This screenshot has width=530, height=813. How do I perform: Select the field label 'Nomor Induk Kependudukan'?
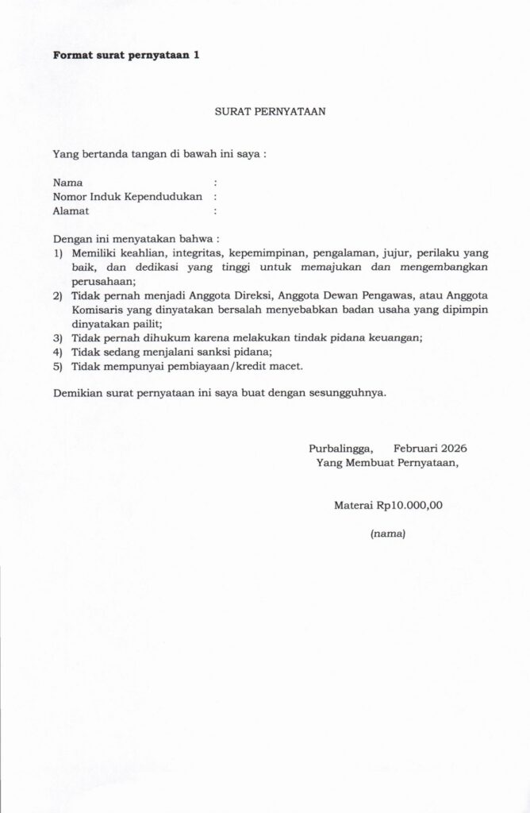tap(128, 197)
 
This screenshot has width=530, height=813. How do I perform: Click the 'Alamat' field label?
tap(71, 211)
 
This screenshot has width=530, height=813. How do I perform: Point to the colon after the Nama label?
tap(216, 183)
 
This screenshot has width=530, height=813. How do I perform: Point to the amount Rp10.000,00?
tap(409, 505)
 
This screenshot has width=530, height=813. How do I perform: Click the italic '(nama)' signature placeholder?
tap(388, 534)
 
